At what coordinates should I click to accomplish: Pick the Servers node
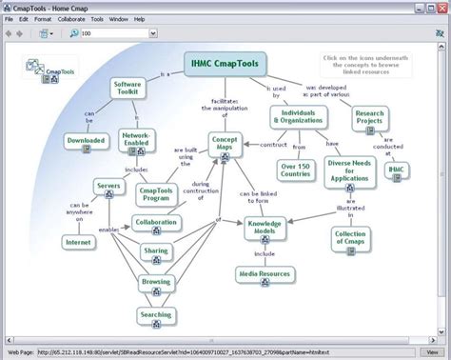click(107, 186)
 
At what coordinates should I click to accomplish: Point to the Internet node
click(78, 242)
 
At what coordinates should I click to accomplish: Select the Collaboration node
click(156, 224)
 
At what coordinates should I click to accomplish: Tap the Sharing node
click(156, 252)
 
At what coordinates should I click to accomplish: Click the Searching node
click(156, 315)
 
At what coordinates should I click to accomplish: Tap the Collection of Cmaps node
click(350, 238)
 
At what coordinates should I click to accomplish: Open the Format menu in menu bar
click(42, 18)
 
